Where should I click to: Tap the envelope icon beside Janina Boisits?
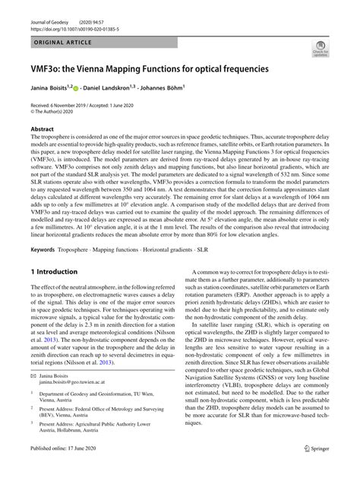pyautogui.click(x=34, y=378)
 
